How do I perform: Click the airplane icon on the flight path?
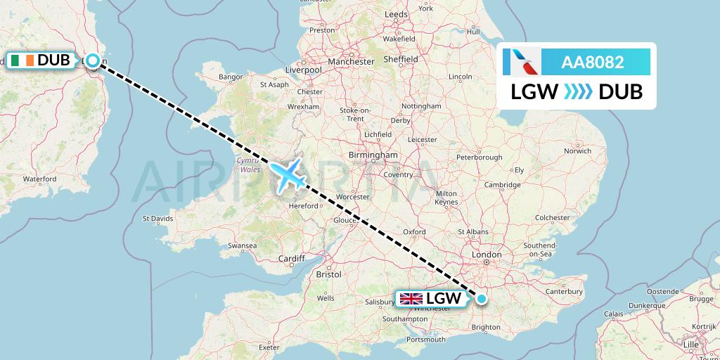click(288, 176)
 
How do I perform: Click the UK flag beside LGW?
click(411, 299)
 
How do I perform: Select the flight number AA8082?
click(592, 63)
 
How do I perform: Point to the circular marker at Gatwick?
click(482, 299)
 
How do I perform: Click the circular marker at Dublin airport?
click(91, 60)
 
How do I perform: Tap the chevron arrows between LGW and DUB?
click(578, 92)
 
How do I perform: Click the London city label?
click(487, 255)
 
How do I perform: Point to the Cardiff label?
click(291, 258)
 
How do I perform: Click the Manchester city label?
click(350, 61)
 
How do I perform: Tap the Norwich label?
click(577, 150)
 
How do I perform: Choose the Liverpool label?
click(303, 70)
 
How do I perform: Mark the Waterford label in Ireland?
click(39, 179)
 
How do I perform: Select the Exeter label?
click(269, 347)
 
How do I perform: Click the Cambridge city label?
click(501, 185)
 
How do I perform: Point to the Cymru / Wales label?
click(246, 165)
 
